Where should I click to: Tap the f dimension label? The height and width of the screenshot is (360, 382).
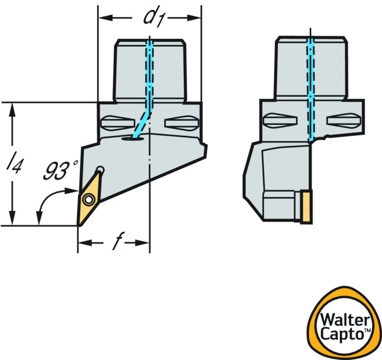tap(115, 242)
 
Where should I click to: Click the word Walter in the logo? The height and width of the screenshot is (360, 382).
tap(344, 320)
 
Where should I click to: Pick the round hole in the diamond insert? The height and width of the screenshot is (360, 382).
tap(88, 200)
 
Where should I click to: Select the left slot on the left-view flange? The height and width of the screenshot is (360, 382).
tap(117, 122)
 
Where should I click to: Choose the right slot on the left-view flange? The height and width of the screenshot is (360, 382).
tap(181, 122)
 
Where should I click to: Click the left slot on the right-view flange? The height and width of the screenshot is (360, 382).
tap(280, 121)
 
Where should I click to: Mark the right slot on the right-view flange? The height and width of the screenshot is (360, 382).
tap(344, 121)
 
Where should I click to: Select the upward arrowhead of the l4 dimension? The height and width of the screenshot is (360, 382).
tap(13, 108)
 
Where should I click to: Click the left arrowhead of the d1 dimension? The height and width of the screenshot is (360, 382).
tap(103, 18)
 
